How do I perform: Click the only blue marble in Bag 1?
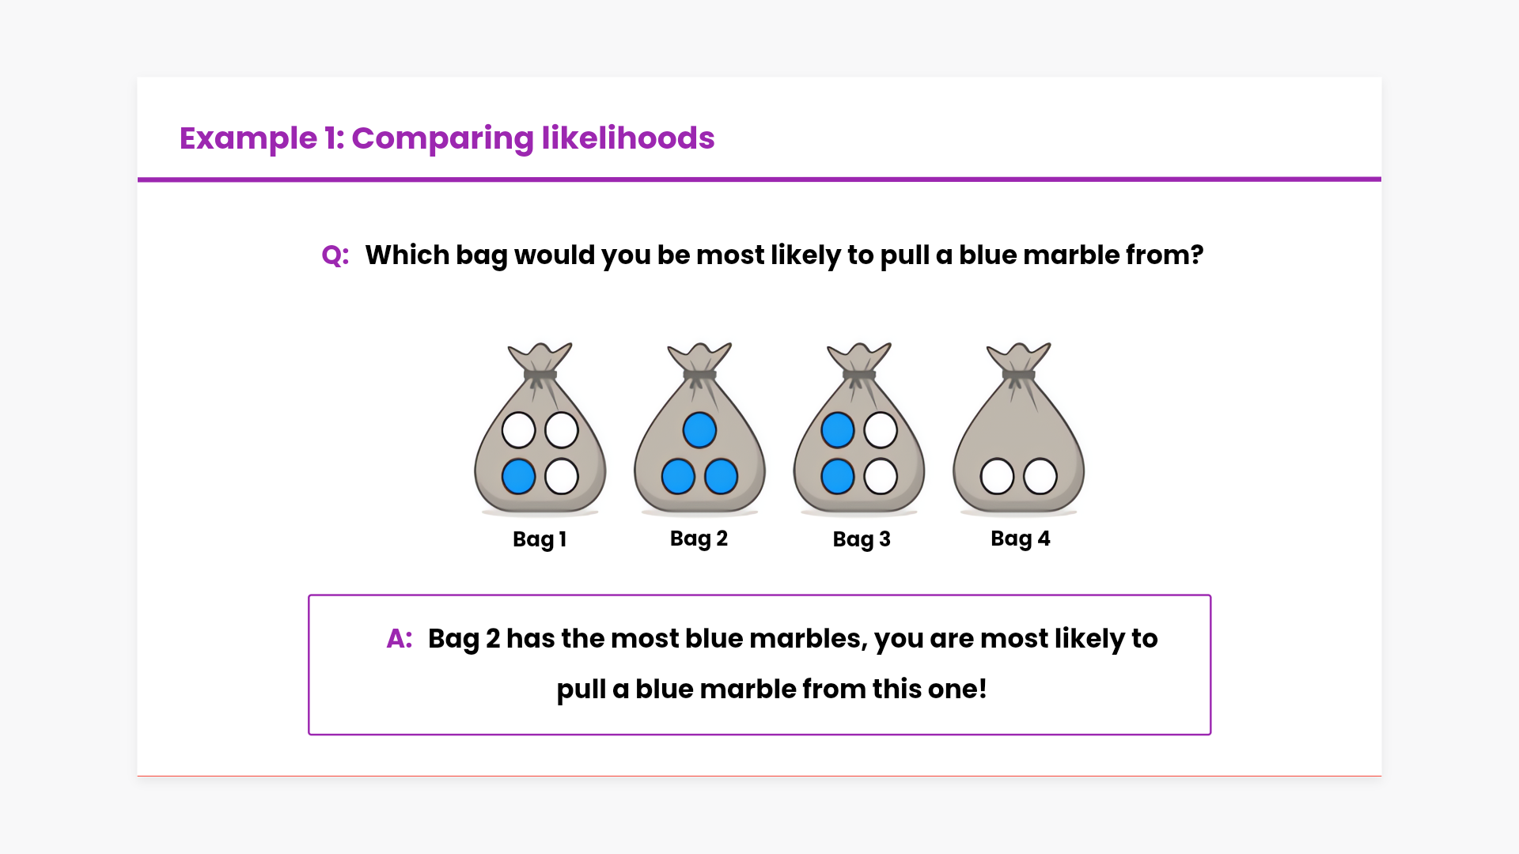click(x=519, y=477)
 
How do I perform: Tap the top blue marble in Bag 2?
click(x=699, y=430)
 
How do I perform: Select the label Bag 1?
click(x=540, y=539)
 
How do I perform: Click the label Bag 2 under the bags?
click(x=699, y=538)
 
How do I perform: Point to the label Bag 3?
click(x=862, y=539)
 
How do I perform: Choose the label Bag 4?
click(x=1021, y=538)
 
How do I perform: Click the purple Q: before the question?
click(x=335, y=255)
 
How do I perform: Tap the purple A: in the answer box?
click(x=400, y=638)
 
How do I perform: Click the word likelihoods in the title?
click(x=628, y=138)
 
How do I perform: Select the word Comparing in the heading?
click(x=443, y=139)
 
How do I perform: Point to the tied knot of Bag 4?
click(x=1019, y=375)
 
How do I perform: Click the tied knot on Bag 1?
click(x=540, y=375)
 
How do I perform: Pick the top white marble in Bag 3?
click(x=881, y=430)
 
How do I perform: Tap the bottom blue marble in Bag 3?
click(x=838, y=477)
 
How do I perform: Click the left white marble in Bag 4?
click(x=997, y=477)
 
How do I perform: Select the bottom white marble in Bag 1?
click(x=562, y=477)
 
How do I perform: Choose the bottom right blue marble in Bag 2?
click(x=721, y=477)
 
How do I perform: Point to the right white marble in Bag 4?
click(x=1040, y=477)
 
